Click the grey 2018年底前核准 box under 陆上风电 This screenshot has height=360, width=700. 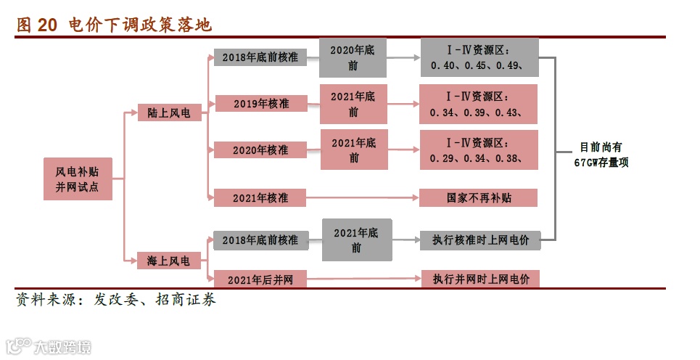tap(260, 57)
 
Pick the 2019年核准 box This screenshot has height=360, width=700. tap(260, 104)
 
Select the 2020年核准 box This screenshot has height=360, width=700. tap(260, 150)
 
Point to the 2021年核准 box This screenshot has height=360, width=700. tap(260, 197)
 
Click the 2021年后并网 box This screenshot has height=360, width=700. tap(260, 279)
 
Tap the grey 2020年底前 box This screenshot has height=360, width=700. tap(353, 57)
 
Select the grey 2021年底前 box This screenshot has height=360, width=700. tap(356, 240)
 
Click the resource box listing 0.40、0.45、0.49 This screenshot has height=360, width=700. tap(479, 57)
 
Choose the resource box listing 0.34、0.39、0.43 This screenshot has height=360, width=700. tap(479, 104)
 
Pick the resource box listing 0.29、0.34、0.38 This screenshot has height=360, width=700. tap(479, 150)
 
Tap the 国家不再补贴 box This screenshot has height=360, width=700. tap(479, 197)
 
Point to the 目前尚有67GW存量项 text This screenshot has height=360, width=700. tap(601, 155)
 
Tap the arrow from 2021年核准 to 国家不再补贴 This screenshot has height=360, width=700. tap(363, 197)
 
